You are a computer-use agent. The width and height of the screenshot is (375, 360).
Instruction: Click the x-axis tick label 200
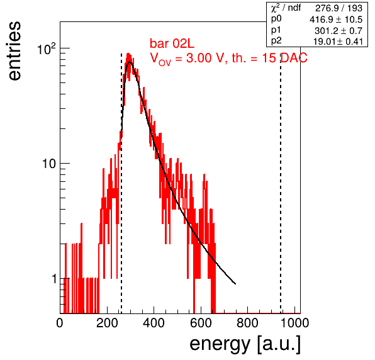coord(107,323)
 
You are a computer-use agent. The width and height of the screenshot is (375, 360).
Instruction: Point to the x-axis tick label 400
coord(154,323)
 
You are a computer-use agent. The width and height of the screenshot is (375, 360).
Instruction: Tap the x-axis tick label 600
coord(201,323)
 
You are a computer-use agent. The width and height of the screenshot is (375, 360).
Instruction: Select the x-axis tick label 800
coord(247,323)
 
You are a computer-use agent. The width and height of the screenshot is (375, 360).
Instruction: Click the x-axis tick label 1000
coord(294,323)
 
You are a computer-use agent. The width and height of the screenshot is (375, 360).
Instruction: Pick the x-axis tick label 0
coord(60,323)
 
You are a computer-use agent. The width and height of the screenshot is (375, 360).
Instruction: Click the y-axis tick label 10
coord(49,164)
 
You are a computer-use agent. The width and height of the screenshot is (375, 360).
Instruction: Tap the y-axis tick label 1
coord(54,279)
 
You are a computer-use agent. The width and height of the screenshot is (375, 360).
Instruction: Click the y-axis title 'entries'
coord(15,51)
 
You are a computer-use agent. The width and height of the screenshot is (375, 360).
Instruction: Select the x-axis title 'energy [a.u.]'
coord(245,345)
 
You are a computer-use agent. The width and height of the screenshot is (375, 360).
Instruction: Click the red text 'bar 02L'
coord(172,44)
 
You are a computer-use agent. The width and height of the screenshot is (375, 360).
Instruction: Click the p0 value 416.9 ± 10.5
coord(336,20)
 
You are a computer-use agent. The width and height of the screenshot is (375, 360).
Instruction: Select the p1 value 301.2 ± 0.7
coord(339,31)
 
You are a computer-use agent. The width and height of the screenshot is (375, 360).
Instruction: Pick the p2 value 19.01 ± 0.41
coord(338,42)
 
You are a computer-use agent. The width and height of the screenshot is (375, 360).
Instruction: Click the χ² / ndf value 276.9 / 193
coord(339,8)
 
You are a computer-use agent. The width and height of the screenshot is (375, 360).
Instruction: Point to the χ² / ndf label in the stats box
coord(286,8)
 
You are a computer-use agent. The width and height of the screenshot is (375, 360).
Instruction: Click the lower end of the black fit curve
coord(235,284)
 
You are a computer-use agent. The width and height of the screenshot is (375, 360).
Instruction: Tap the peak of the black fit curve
coord(130,62)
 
